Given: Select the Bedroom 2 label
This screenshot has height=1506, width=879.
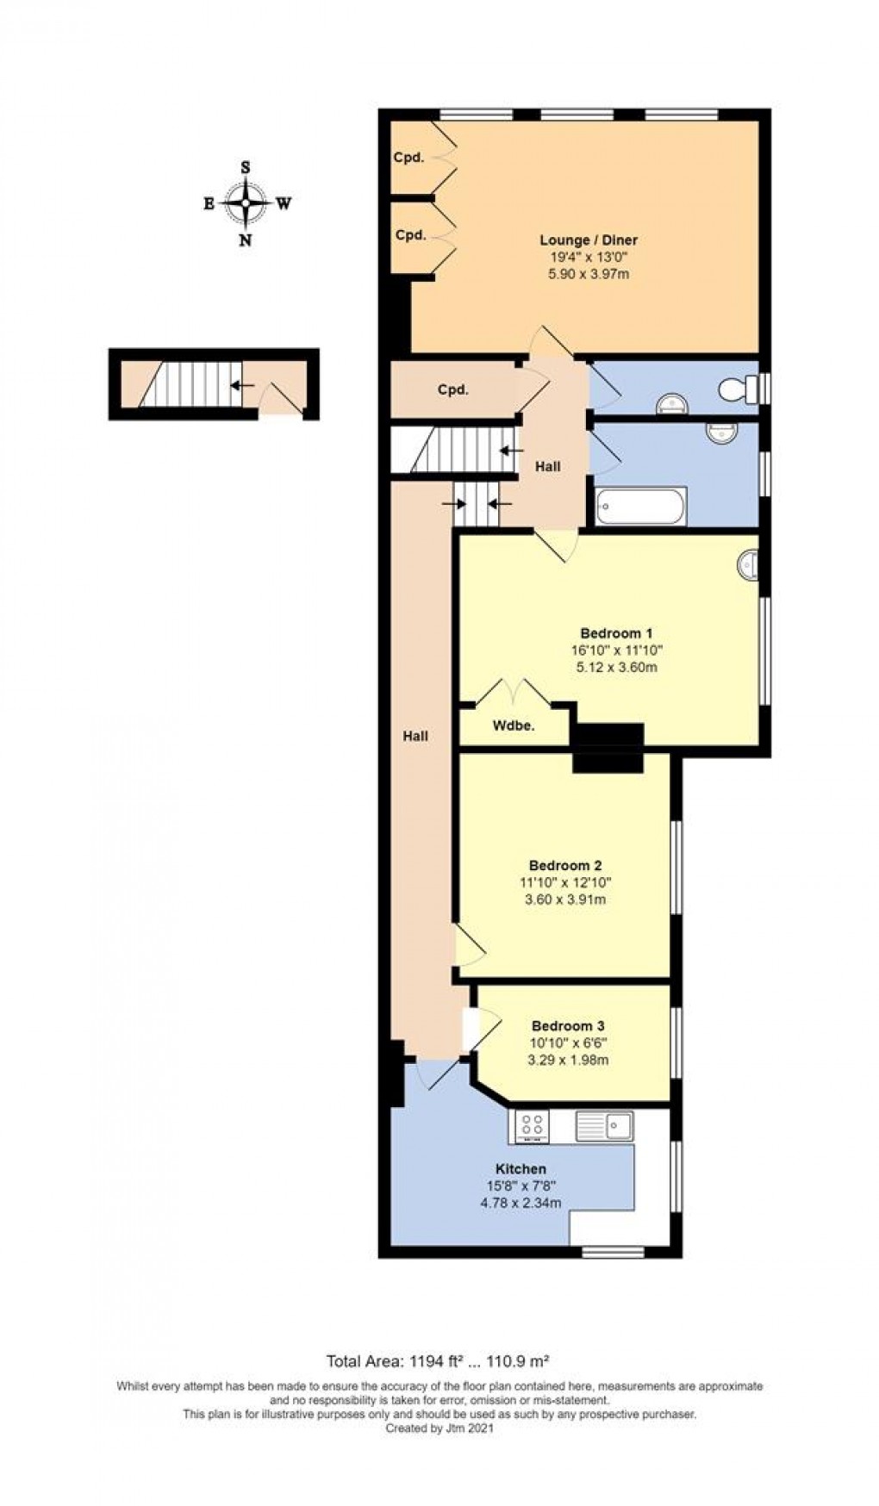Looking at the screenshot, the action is click(x=565, y=865).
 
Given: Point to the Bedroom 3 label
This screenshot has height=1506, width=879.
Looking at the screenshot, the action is click(x=568, y=1025).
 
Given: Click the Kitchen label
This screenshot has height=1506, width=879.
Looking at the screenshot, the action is click(x=521, y=1169).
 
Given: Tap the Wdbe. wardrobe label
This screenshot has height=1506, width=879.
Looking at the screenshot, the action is click(x=514, y=725).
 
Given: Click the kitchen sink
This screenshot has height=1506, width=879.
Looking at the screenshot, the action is click(x=607, y=1123).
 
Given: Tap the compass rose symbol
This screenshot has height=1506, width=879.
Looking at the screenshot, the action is click(x=246, y=203).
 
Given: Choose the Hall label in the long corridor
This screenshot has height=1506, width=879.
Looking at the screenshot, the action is click(x=415, y=736).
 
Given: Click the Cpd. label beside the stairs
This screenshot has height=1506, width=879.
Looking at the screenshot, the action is click(x=453, y=389).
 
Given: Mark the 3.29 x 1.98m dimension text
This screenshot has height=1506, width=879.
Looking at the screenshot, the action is click(x=568, y=1059).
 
